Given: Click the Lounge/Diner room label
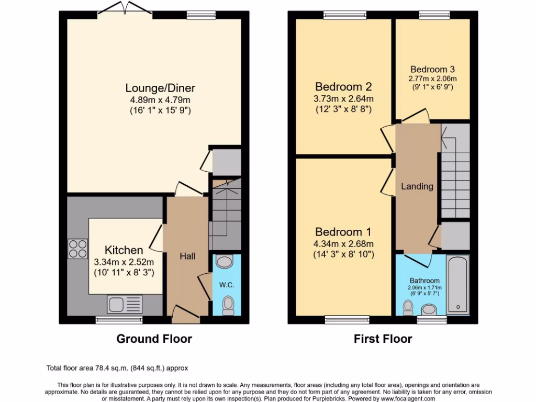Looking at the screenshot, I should click(x=152, y=88).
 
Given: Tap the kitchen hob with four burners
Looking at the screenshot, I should click(x=77, y=248).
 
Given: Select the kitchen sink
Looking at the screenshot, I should click(x=125, y=304).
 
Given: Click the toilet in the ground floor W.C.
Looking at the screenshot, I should click(x=228, y=305).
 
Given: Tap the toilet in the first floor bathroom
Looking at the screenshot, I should click(x=408, y=308).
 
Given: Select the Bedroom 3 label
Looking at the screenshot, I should click(x=432, y=69).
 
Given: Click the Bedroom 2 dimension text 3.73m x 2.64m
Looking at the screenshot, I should click(x=343, y=99).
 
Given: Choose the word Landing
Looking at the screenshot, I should click(x=417, y=186).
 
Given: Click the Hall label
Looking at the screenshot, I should click(x=187, y=256).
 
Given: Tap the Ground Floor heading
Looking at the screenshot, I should click(x=154, y=339).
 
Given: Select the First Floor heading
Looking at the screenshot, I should click(x=383, y=339).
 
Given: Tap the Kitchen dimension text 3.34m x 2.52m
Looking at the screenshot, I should click(x=124, y=262).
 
